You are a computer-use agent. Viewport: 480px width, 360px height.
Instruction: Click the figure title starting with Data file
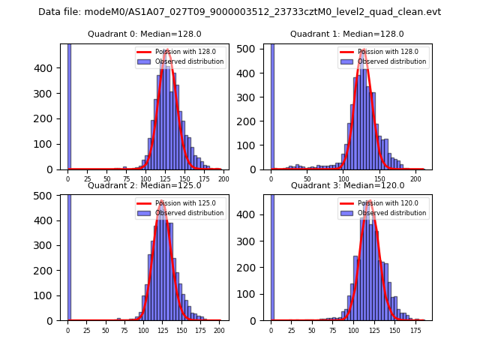pyautogui.click(x=239, y=12)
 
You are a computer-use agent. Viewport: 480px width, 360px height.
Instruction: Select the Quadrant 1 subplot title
pyautogui.click(x=347, y=34)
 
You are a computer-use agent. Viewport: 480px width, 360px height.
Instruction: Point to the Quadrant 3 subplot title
pyautogui.click(x=347, y=185)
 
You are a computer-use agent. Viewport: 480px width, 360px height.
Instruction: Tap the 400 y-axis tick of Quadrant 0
pyautogui.click(x=51, y=68)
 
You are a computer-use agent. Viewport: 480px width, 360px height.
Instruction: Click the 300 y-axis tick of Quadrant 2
pyautogui.click(x=51, y=245)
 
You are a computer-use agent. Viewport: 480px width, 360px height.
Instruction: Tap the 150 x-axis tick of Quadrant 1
pyautogui.click(x=379, y=178)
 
